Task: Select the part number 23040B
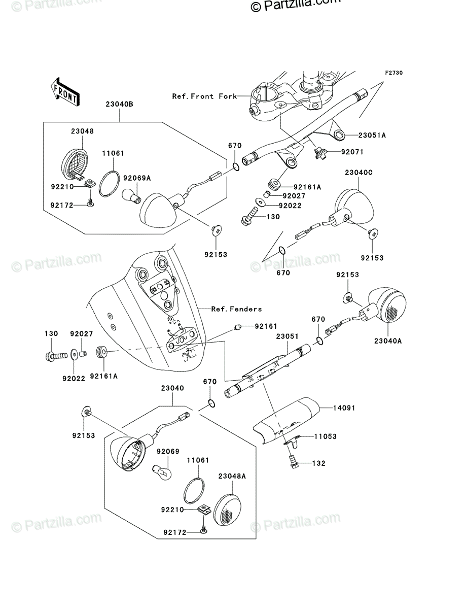click(x=120, y=105)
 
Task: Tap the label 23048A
click(x=232, y=477)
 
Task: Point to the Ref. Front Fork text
click(x=204, y=96)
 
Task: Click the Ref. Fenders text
click(x=236, y=309)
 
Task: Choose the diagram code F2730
click(x=394, y=73)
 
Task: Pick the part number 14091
click(x=344, y=408)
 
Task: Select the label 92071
click(x=352, y=152)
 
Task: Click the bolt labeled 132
click(x=293, y=462)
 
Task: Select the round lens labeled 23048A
click(x=228, y=510)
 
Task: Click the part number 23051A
click(x=372, y=136)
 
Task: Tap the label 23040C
click(x=359, y=173)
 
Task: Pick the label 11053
click(x=326, y=437)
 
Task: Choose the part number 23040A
click(x=388, y=341)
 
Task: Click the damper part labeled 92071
click(x=320, y=153)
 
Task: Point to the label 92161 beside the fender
click(x=266, y=326)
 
